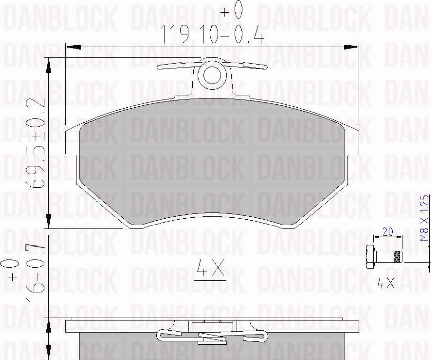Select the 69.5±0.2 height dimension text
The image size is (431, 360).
click(x=37, y=143)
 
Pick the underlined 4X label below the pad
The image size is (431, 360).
click(x=211, y=270)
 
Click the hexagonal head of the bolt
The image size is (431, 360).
click(x=370, y=256)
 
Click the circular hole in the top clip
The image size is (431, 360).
click(x=213, y=75)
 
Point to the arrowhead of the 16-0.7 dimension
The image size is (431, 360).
click(x=48, y=326)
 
